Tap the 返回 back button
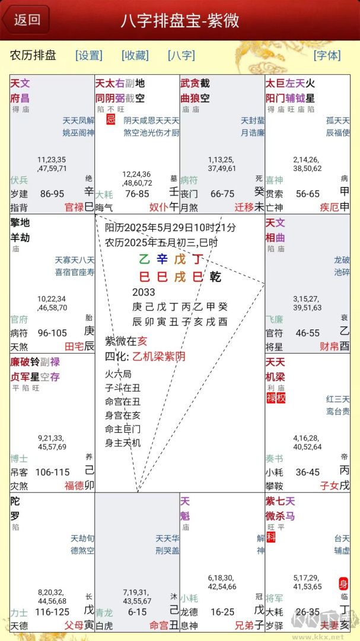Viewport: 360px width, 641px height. click(x=26, y=20)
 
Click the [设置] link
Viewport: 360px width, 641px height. click(x=89, y=55)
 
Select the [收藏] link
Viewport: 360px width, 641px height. click(x=135, y=55)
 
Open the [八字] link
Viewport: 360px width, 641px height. click(x=181, y=55)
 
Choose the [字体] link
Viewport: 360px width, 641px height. click(x=327, y=55)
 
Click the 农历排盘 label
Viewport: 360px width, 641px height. click(x=33, y=55)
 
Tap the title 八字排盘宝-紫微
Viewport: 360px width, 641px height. click(x=180, y=21)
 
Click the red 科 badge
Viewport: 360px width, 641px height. click(x=270, y=537)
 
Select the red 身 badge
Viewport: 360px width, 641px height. click(x=343, y=583)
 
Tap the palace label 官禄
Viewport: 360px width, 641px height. click(x=75, y=207)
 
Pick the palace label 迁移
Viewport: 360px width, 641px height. click(x=244, y=207)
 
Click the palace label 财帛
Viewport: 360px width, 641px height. click(x=329, y=346)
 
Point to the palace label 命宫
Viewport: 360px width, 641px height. click(x=159, y=624)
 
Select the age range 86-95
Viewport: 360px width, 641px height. click(x=52, y=193)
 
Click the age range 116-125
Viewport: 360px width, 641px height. click(x=52, y=611)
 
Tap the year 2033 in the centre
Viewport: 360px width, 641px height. click(x=144, y=292)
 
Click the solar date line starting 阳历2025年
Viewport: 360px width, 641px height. click(x=170, y=227)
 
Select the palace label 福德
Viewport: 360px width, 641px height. click(x=75, y=485)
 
